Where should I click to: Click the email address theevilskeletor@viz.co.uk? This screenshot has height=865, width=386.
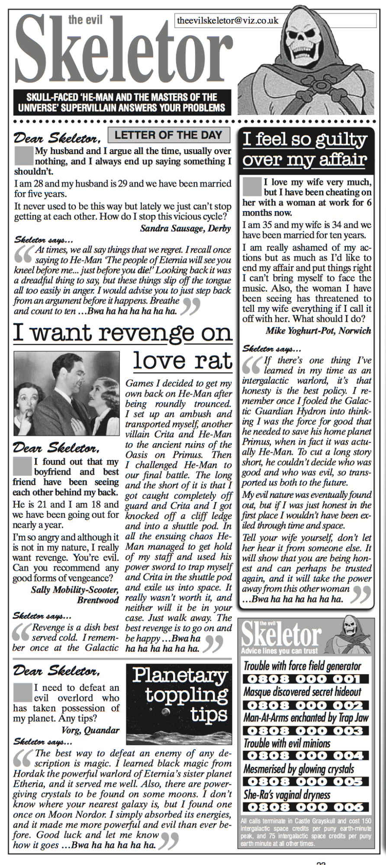228,20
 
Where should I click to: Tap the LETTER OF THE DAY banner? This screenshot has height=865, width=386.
168,135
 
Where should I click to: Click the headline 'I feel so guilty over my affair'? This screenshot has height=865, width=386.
305,150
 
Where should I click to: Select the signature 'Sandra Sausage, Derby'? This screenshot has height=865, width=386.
185,228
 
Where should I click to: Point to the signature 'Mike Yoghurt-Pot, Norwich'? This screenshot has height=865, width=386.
318,331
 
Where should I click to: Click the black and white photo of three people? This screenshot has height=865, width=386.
67,393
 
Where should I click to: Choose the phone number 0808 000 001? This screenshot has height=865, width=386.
305,679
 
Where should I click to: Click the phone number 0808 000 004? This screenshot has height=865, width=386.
305,756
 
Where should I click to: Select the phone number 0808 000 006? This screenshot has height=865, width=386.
305,807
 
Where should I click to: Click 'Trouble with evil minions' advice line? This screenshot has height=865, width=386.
287,743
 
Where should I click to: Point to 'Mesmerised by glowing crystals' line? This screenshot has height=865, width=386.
299,769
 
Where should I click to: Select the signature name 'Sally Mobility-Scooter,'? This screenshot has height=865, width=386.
74,590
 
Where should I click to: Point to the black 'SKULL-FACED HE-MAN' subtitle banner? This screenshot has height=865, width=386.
122,102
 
